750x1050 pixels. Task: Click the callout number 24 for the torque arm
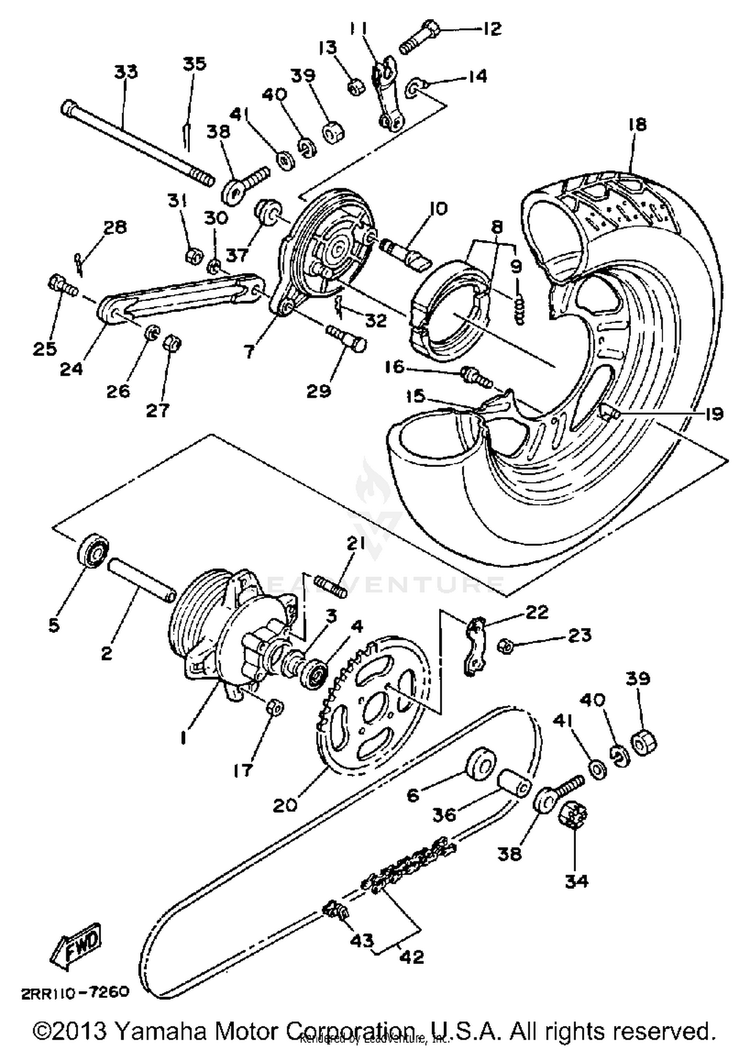coord(71,369)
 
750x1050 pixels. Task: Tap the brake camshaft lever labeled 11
coord(385,95)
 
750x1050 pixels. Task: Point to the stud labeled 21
coord(330,585)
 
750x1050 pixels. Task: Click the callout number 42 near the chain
coord(412,956)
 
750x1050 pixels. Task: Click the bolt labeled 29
coord(346,337)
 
